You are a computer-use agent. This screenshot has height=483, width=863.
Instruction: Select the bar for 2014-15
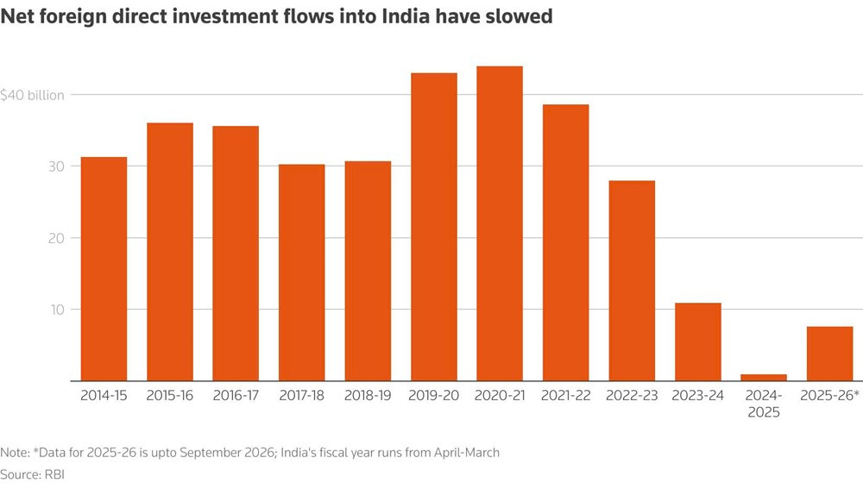coord(104,268)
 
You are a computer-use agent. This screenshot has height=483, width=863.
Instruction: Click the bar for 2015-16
coord(169,251)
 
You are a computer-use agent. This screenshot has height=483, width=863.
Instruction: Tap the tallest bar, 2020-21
coord(499,223)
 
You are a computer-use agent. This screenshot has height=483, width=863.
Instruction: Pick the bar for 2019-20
coord(433,227)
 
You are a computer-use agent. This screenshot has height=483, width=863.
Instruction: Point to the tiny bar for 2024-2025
coord(763,377)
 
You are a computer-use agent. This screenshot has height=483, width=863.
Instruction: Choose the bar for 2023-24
coord(697,342)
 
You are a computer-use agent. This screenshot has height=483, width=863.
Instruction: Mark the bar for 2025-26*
coord(828,354)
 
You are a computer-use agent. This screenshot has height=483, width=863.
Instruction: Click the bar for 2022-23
coord(631,280)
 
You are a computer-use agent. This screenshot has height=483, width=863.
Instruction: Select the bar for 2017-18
coord(301,272)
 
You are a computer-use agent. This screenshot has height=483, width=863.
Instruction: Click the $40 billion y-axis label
coord(33,95)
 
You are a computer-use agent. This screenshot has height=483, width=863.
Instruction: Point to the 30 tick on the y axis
coord(55,166)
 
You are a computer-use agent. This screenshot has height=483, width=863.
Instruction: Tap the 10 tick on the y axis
coord(55,309)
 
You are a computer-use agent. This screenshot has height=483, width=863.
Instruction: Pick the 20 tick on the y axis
coord(55,237)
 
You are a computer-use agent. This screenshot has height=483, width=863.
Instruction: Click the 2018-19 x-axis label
coord(367,395)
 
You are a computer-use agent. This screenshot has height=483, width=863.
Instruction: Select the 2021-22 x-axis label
coord(564,395)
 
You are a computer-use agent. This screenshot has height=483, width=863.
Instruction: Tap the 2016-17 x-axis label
coord(235,395)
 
